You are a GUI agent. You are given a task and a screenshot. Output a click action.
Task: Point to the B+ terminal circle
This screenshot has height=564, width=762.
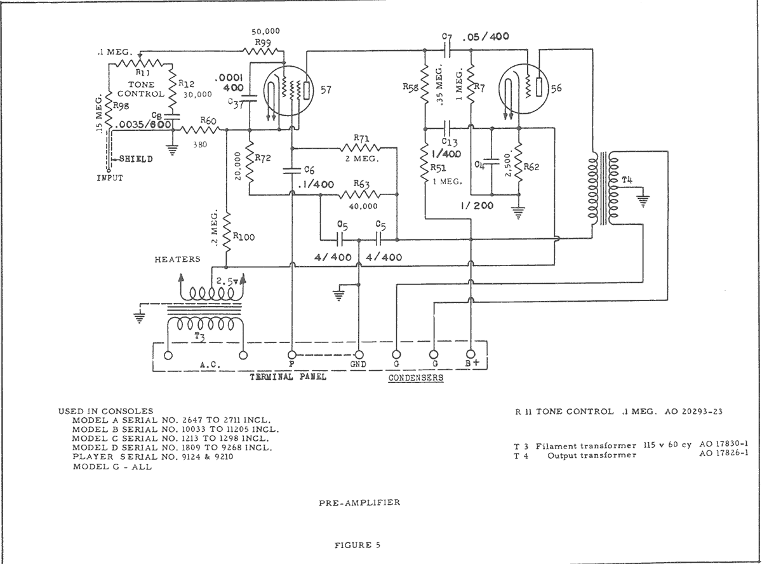click(471, 355)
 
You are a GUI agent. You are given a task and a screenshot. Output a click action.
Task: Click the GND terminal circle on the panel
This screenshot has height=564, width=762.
click(359, 355)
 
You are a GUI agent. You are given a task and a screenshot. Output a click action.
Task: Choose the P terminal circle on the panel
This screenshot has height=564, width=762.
click(291, 355)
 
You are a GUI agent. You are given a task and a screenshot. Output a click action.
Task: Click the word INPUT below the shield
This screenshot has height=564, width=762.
click(110, 178)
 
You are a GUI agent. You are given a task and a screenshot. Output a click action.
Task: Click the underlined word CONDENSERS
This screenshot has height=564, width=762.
click(416, 378)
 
